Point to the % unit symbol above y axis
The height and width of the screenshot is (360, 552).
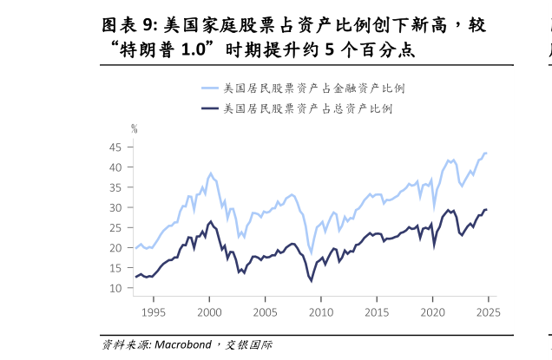pos(135,128)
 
